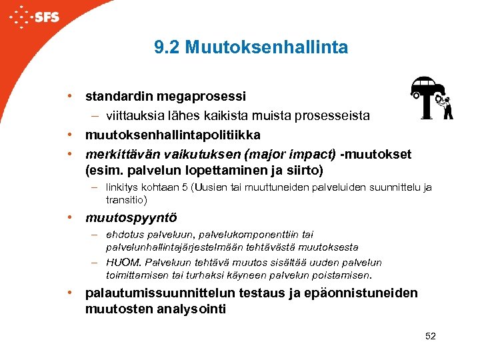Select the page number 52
point(430,336)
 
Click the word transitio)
point(127,200)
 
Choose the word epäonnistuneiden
point(365,293)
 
